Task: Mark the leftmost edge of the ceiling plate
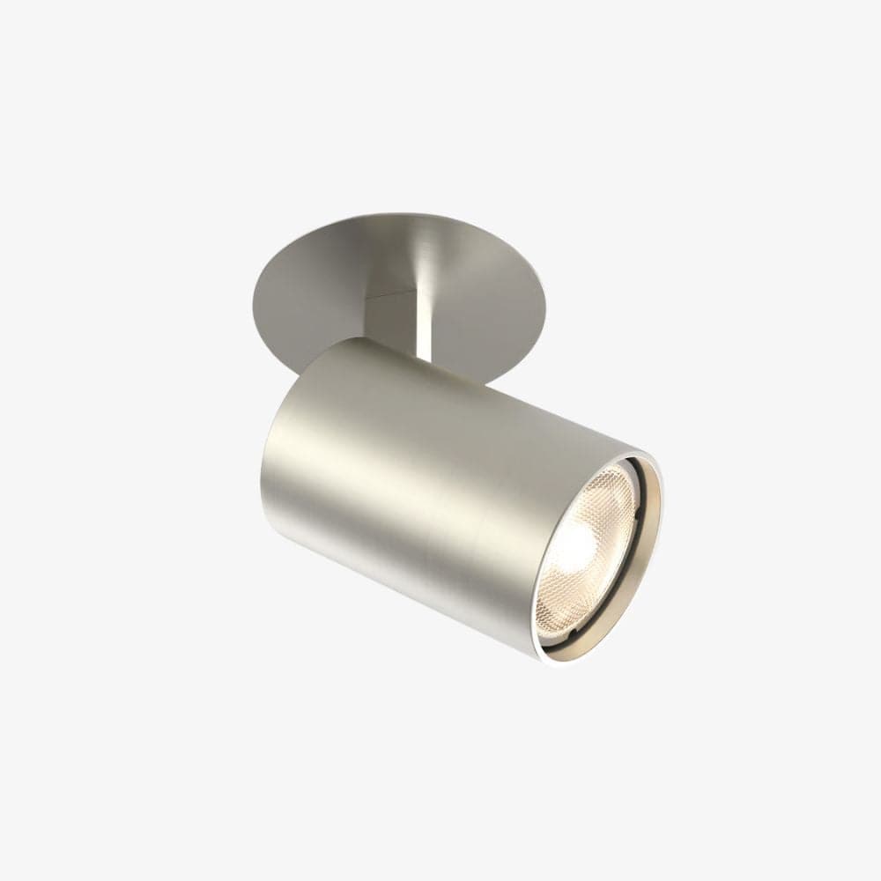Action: tap(252, 291)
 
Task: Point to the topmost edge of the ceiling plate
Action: tap(396, 212)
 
